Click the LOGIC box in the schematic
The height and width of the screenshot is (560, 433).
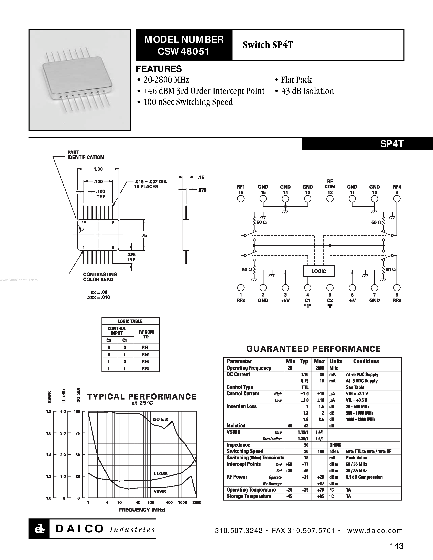point(319,271)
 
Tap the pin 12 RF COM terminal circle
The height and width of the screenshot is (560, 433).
point(330,199)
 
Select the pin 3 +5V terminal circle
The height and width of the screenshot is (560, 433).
point(285,288)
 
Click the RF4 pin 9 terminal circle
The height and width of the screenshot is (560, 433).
point(397,199)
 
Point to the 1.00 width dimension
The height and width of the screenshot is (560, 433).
point(98,169)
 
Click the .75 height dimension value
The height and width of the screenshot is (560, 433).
point(144,235)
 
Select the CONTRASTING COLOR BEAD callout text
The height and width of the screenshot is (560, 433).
point(100,277)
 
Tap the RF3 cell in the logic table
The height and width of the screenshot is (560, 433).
point(145,361)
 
